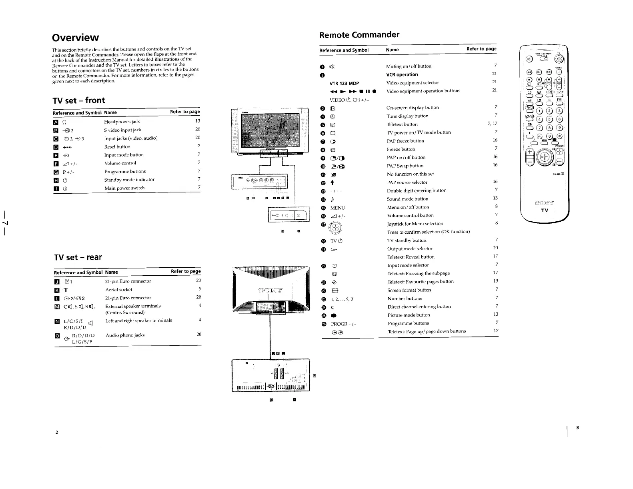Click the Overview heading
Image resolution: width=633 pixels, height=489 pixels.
pyautogui.click(x=75, y=38)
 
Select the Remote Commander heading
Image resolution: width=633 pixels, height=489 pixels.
pyautogui.click(x=359, y=35)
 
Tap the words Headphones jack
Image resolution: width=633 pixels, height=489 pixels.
pyautogui.click(x=122, y=122)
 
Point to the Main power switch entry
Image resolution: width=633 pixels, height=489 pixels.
pyautogui.click(x=124, y=188)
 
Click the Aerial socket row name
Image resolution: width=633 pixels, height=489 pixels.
pyautogui.click(x=118, y=290)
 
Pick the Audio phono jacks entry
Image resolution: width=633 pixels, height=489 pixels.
pyautogui.click(x=125, y=335)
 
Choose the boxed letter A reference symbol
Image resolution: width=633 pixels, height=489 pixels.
pyautogui.click(x=56, y=122)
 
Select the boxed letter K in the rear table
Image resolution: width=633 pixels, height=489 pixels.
pyautogui.click(x=57, y=290)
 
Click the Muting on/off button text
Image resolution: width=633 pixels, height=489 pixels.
pyautogui.click(x=409, y=66)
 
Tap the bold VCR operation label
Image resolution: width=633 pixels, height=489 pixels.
pyautogui.click(x=402, y=74)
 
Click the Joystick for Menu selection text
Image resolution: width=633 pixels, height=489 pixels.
pyautogui.click(x=415, y=224)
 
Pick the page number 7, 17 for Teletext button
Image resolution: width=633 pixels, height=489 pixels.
pyautogui.click(x=493, y=124)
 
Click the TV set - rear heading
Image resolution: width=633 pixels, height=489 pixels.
pyautogui.click(x=78, y=257)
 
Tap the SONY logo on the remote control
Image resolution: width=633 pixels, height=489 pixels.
pyautogui.click(x=544, y=202)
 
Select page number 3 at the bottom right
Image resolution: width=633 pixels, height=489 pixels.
pyautogui.click(x=577, y=428)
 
